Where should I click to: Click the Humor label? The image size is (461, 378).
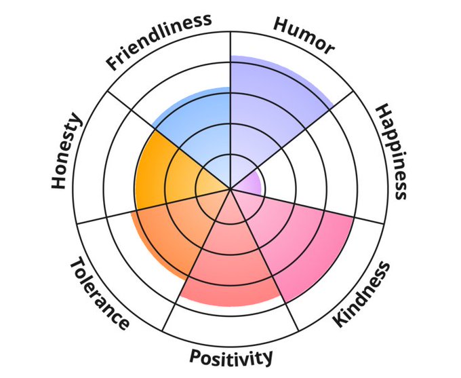[304, 35]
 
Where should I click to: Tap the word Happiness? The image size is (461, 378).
[391, 151]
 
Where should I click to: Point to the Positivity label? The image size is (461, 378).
[231, 357]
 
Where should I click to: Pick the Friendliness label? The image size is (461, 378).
[158, 42]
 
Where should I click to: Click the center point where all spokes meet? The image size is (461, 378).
[230, 189]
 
